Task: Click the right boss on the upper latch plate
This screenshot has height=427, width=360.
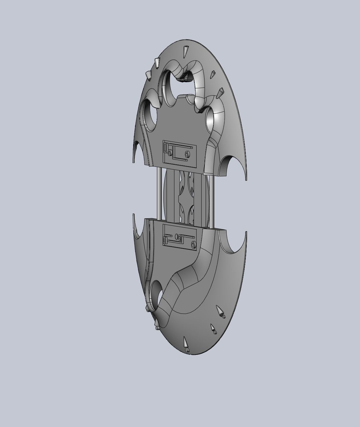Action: point(187,154)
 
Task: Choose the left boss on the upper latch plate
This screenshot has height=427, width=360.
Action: point(170,153)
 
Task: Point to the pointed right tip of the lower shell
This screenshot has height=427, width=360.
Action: point(246,232)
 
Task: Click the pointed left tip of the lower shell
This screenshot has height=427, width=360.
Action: point(133,216)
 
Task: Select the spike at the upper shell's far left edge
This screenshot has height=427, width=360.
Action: point(148,75)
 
